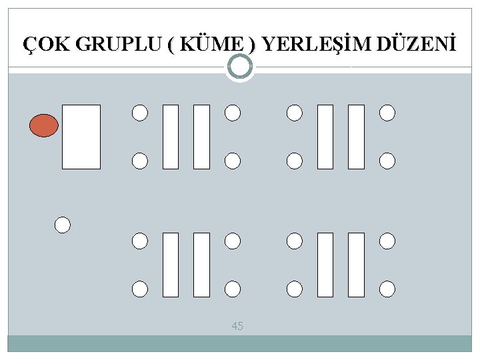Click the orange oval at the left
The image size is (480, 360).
pos(44,125)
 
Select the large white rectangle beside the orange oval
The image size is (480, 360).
pos(81,137)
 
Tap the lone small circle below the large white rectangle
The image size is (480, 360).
pos(63,225)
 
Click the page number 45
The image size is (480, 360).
pos(237,326)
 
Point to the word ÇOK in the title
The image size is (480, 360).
pos(47,45)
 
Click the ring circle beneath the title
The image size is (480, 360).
pos(240,66)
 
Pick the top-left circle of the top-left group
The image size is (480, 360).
pos(140,113)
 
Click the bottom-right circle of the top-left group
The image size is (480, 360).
pos(232,161)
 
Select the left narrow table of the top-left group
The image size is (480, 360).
pos(171,137)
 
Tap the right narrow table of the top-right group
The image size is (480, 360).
pos(356,137)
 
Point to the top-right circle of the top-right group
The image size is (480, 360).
pos(387,113)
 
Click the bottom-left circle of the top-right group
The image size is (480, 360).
pos(294,161)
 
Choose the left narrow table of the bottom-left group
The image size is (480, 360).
pos(171,265)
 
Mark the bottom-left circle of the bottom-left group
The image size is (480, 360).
pos(140,289)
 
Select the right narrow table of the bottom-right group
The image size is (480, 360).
pos(356,265)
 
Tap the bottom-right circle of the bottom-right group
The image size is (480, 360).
pos(387,289)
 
